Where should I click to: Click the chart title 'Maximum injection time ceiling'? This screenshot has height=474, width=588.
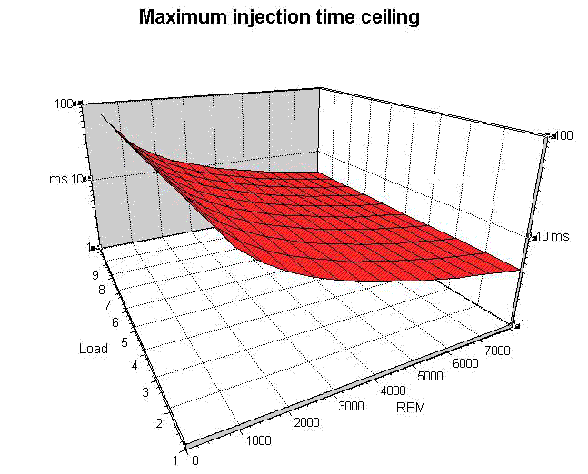278,17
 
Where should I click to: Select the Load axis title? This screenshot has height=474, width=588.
94,348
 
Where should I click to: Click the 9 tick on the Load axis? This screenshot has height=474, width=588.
94,273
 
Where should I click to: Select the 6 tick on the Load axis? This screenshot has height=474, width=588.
115,321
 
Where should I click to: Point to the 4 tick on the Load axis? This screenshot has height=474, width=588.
135,365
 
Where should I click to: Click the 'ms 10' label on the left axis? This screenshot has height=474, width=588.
65,178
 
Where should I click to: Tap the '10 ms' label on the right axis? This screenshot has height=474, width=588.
550,236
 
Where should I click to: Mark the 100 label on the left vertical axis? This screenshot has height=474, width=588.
65,104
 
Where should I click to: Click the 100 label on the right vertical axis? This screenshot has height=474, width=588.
563,135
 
